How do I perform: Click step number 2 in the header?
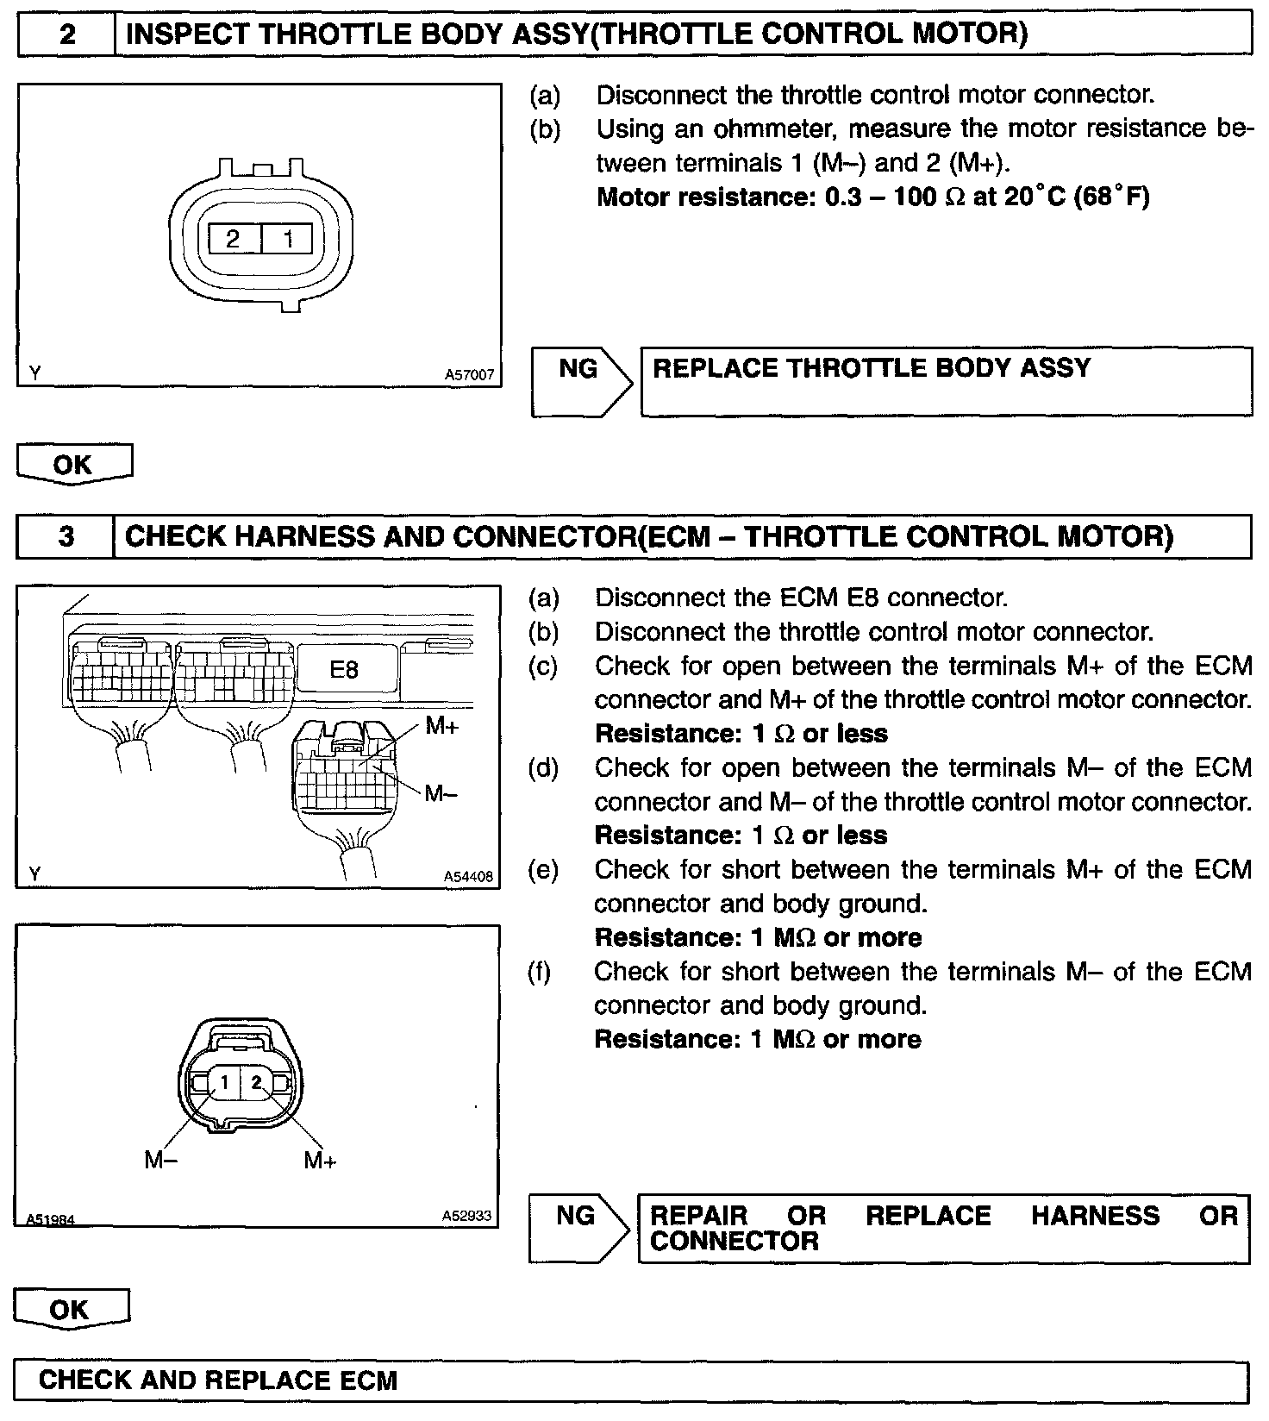pos(67,34)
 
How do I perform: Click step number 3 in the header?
pos(66,537)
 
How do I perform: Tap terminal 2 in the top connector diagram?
pos(232,239)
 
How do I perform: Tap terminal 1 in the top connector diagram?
pos(289,239)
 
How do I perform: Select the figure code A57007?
pos(469,375)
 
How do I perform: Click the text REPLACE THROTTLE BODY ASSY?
pos(871,368)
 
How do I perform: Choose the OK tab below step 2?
pos(73,464)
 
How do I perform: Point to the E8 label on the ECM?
pos(344,669)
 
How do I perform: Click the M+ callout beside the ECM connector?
pos(442,726)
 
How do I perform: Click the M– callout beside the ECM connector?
pos(441,793)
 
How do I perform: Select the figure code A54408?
pos(468,877)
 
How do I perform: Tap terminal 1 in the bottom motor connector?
pos(223,1081)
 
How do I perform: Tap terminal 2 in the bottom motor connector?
pos(256,1081)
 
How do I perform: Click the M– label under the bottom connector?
pos(160,1161)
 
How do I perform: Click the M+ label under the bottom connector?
pos(320,1161)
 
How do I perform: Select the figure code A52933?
pos(467,1216)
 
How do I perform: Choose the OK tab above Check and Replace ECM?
pos(70,1310)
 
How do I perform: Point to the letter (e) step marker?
pos(543,870)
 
